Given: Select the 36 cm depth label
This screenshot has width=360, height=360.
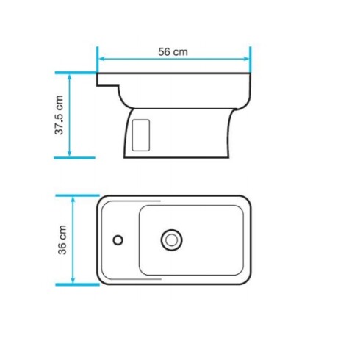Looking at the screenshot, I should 62,240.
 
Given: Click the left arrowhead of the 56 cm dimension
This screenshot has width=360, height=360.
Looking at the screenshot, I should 101,59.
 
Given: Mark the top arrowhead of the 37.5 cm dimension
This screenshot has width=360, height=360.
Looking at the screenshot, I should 70,77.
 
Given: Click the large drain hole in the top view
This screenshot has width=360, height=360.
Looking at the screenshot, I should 172,239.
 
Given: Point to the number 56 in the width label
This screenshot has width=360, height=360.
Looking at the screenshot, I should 165,51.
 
